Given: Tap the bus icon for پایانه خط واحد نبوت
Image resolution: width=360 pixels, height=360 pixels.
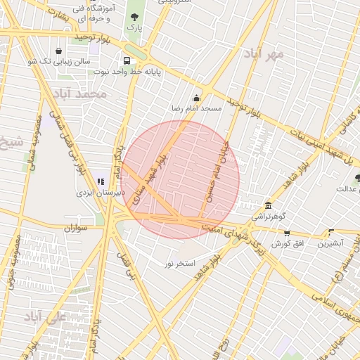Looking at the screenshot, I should [x=127, y=60].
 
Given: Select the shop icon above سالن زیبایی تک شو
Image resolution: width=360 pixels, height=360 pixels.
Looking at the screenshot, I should [x=58, y=51].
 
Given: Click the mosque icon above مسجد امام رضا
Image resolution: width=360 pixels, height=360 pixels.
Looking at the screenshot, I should [x=196, y=98].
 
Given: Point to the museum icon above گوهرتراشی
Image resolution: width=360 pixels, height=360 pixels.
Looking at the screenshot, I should [x=268, y=205].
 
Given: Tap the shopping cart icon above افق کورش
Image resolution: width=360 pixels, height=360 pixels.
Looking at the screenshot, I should [x=287, y=233].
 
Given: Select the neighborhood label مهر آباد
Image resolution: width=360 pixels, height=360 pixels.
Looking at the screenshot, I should [x=264, y=53].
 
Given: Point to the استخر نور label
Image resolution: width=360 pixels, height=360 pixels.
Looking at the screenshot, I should [x=180, y=263].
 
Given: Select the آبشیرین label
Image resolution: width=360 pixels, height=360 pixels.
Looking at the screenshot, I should [x=329, y=243].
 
